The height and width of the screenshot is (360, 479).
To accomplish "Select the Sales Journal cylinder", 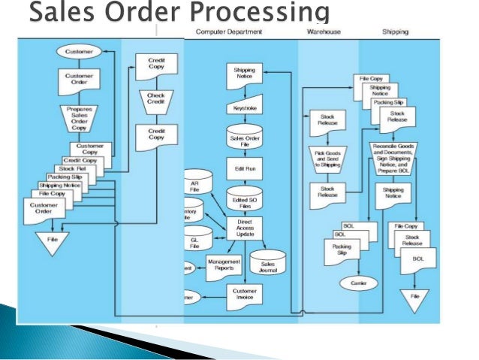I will (x=267, y=264).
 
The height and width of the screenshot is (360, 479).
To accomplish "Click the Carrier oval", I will (x=354, y=283).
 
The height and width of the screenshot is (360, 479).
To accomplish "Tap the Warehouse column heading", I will (x=324, y=32).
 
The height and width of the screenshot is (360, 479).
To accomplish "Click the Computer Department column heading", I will (x=230, y=32).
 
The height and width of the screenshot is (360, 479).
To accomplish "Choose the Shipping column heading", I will (x=395, y=32).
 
